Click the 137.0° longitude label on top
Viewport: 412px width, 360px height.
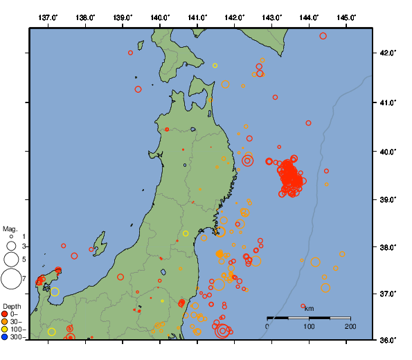click(x=48, y=17)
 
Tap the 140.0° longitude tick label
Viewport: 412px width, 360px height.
click(x=160, y=17)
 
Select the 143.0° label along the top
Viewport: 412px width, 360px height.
click(x=272, y=17)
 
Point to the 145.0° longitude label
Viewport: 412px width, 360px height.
click(x=347, y=17)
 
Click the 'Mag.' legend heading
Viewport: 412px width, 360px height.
click(x=10, y=228)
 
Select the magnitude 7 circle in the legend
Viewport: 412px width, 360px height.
click(x=10, y=278)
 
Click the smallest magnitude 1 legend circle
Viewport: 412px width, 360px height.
click(x=10, y=237)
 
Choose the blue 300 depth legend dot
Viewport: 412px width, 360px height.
click(x=6, y=337)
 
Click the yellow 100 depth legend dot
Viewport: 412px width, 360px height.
click(x=6, y=329)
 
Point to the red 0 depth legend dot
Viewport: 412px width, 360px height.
click(x=6, y=314)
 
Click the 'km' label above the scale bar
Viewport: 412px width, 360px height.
click(x=309, y=308)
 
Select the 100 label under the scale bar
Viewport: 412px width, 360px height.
click(x=309, y=326)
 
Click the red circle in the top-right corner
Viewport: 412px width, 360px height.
click(x=323, y=36)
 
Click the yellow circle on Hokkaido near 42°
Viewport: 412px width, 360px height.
click(x=215, y=66)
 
